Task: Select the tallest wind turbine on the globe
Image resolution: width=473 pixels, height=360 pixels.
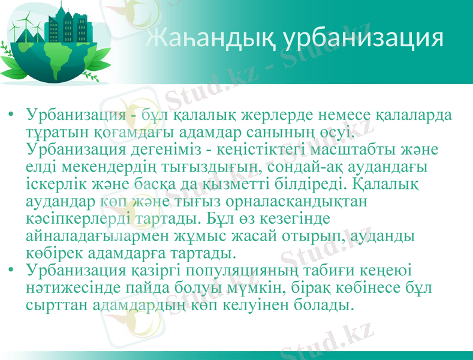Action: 25,27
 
